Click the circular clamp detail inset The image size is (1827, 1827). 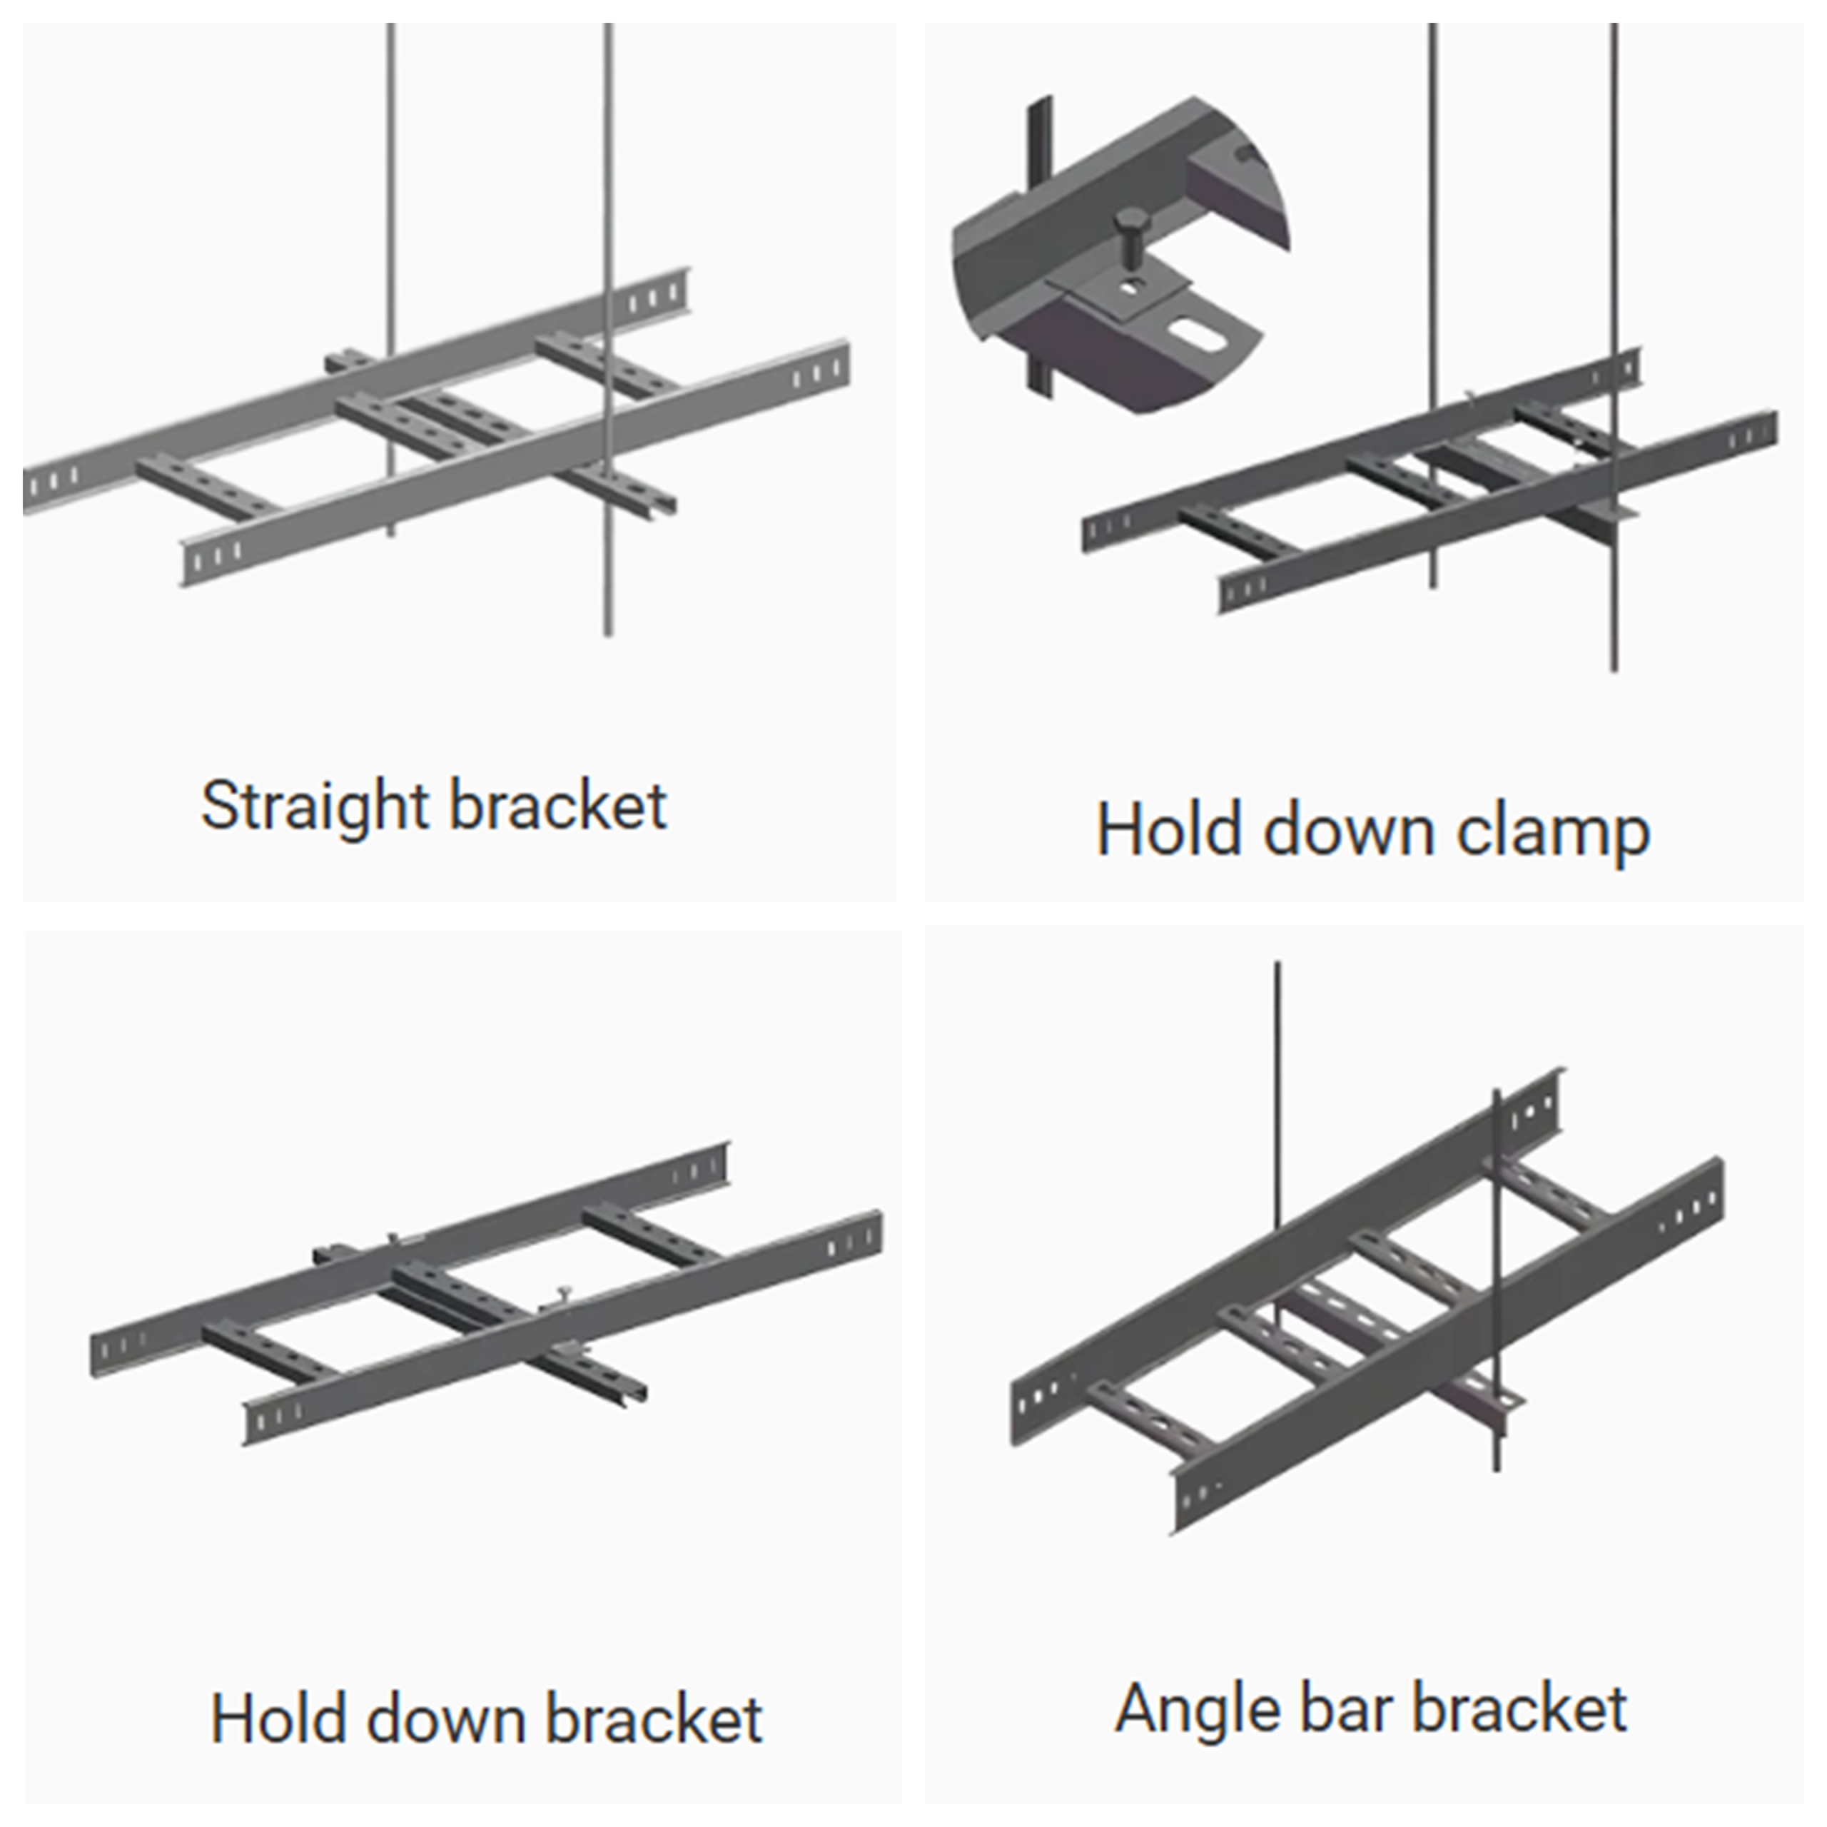point(1116,255)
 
